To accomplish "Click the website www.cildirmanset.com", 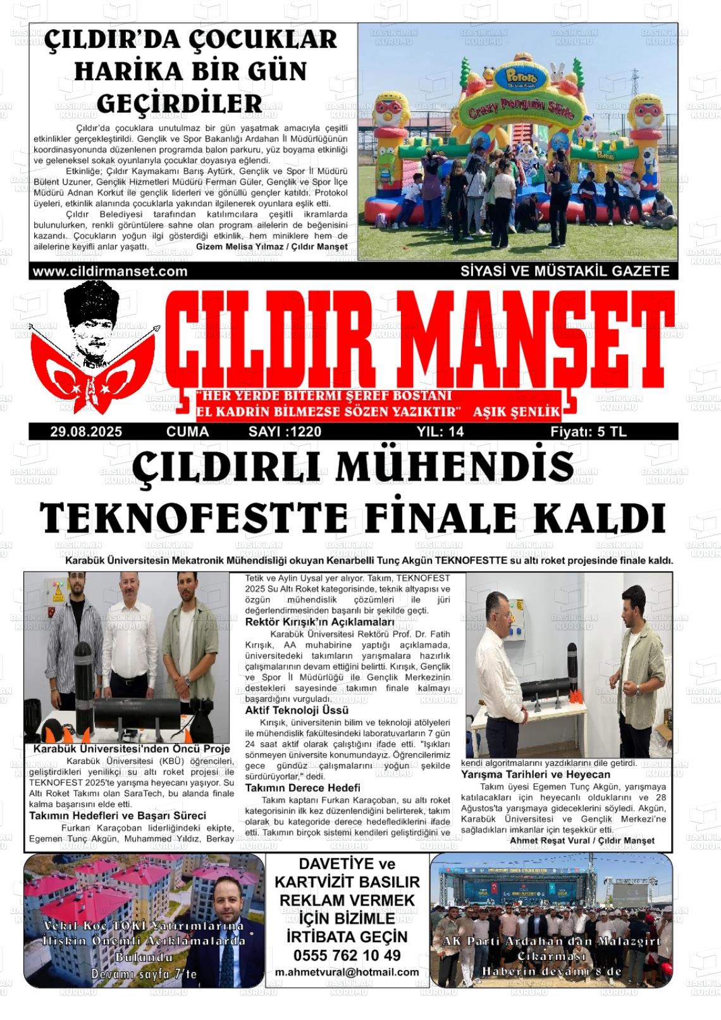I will point(110,271).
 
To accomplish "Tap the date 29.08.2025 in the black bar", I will point(87,432).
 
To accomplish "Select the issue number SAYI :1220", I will point(285,432).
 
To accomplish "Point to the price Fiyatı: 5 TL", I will point(588,432).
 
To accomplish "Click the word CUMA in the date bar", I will point(187,432).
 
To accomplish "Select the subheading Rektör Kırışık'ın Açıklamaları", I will point(319,622).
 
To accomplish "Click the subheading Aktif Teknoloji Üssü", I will point(297,711).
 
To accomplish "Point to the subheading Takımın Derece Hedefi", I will point(303,788).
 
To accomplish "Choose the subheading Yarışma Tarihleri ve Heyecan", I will point(536,775).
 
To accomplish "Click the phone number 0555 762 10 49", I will point(347,955).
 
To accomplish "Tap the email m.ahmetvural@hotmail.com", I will point(347,972).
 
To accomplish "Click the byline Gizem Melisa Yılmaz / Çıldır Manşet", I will point(272,247).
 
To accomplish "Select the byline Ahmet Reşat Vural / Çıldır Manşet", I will point(582,840).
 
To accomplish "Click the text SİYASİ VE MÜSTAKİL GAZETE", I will point(565,271).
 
